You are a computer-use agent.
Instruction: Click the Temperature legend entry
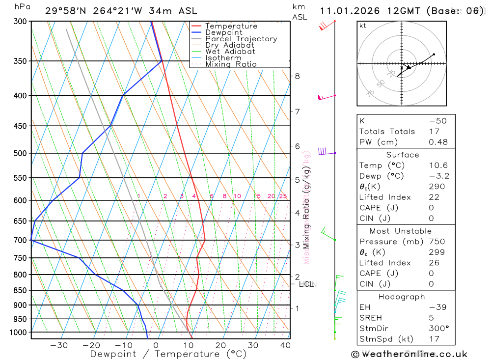(231, 26)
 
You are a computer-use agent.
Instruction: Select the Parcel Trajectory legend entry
(241, 39)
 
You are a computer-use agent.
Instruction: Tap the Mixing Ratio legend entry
(231, 64)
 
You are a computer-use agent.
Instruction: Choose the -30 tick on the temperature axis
(59, 345)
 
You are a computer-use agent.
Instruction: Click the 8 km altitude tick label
(297, 76)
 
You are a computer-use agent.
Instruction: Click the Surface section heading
(403, 155)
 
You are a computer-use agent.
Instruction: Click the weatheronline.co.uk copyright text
(409, 354)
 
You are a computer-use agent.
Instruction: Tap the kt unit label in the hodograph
(362, 26)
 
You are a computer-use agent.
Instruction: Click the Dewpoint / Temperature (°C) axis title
(168, 354)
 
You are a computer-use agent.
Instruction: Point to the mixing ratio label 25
(283, 196)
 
